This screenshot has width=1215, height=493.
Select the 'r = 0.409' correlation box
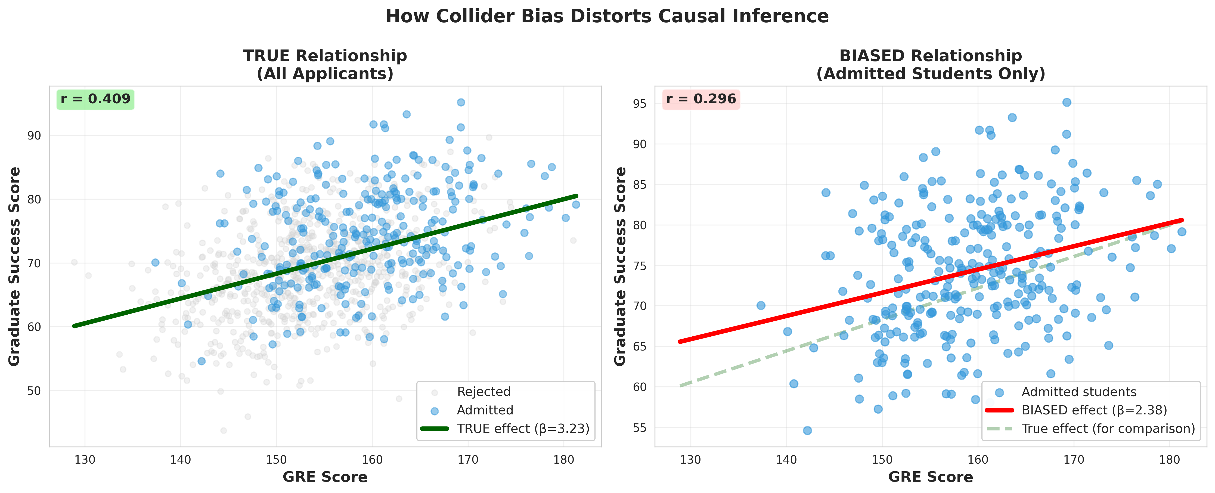tap(95, 99)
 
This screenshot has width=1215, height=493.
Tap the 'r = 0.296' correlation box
tap(701, 99)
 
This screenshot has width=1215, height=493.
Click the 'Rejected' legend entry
tap(483, 392)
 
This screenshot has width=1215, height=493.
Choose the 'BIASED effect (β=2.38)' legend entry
tap(1094, 410)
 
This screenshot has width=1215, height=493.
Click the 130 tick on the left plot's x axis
tap(85, 460)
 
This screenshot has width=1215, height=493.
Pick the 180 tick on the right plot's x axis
tap(1170, 460)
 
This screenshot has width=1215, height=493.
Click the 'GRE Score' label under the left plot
tap(325, 477)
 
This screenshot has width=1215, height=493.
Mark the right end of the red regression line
tap(1182, 220)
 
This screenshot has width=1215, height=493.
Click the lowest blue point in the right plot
tap(807, 430)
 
